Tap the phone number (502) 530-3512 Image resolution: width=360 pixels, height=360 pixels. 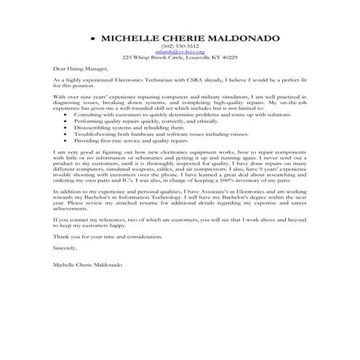(180, 45)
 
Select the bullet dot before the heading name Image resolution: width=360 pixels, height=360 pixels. (93, 37)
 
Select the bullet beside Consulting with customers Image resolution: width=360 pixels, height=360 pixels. (68, 115)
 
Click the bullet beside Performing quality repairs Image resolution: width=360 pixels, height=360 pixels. (68, 121)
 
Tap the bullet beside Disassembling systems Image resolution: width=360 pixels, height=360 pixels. (68, 128)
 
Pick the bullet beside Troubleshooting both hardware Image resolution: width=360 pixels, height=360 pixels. (68, 135)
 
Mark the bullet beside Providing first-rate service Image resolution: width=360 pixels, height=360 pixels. (68, 141)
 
